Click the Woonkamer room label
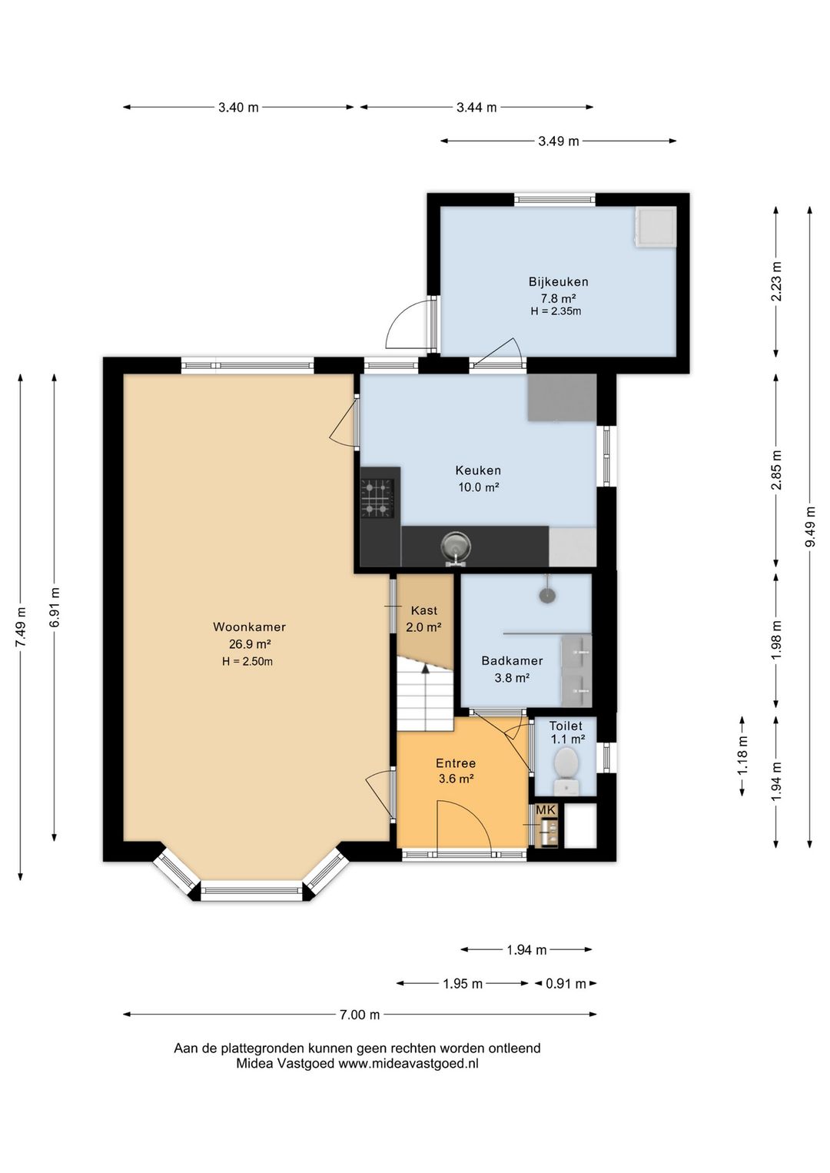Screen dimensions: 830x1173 (249, 626)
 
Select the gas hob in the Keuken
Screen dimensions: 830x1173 (377, 500)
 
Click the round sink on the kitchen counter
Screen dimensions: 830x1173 (456, 547)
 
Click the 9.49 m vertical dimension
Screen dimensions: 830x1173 (810, 527)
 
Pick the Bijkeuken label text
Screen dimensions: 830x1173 (558, 282)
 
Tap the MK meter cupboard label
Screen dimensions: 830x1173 (546, 810)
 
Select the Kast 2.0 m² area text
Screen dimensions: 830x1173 (423, 626)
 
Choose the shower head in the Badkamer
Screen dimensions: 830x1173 (547, 594)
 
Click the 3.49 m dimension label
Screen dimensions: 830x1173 (559, 141)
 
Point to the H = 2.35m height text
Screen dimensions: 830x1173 (556, 311)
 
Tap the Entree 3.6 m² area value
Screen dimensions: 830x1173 (456, 779)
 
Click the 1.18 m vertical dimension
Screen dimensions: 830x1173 (742, 756)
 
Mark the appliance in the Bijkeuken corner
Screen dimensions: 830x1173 (655, 226)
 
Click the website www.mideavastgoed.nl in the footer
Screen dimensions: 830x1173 (408, 1064)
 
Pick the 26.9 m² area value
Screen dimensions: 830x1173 (249, 644)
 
